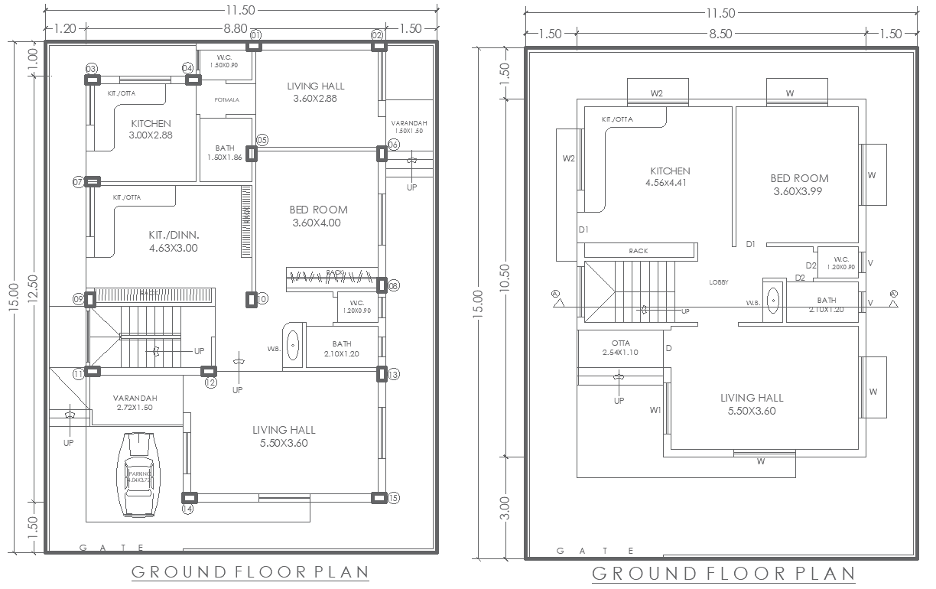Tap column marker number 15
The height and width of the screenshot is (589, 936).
[394, 498]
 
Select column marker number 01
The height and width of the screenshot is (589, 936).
[255, 35]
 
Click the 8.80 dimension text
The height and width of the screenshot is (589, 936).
[235, 28]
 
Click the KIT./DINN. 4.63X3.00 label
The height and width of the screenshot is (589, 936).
[174, 242]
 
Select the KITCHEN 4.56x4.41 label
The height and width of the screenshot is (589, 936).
[669, 177]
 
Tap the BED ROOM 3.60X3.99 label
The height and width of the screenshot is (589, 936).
[799, 184]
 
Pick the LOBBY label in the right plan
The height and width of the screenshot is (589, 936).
[719, 282]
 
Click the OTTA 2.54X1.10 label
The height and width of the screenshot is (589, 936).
[620, 347]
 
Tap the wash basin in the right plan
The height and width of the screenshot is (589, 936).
[773, 301]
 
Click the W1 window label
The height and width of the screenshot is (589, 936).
[655, 411]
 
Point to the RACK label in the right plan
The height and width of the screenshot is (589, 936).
[638, 250]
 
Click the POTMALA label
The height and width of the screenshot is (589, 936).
[226, 100]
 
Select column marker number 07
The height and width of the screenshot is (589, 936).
[78, 182]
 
